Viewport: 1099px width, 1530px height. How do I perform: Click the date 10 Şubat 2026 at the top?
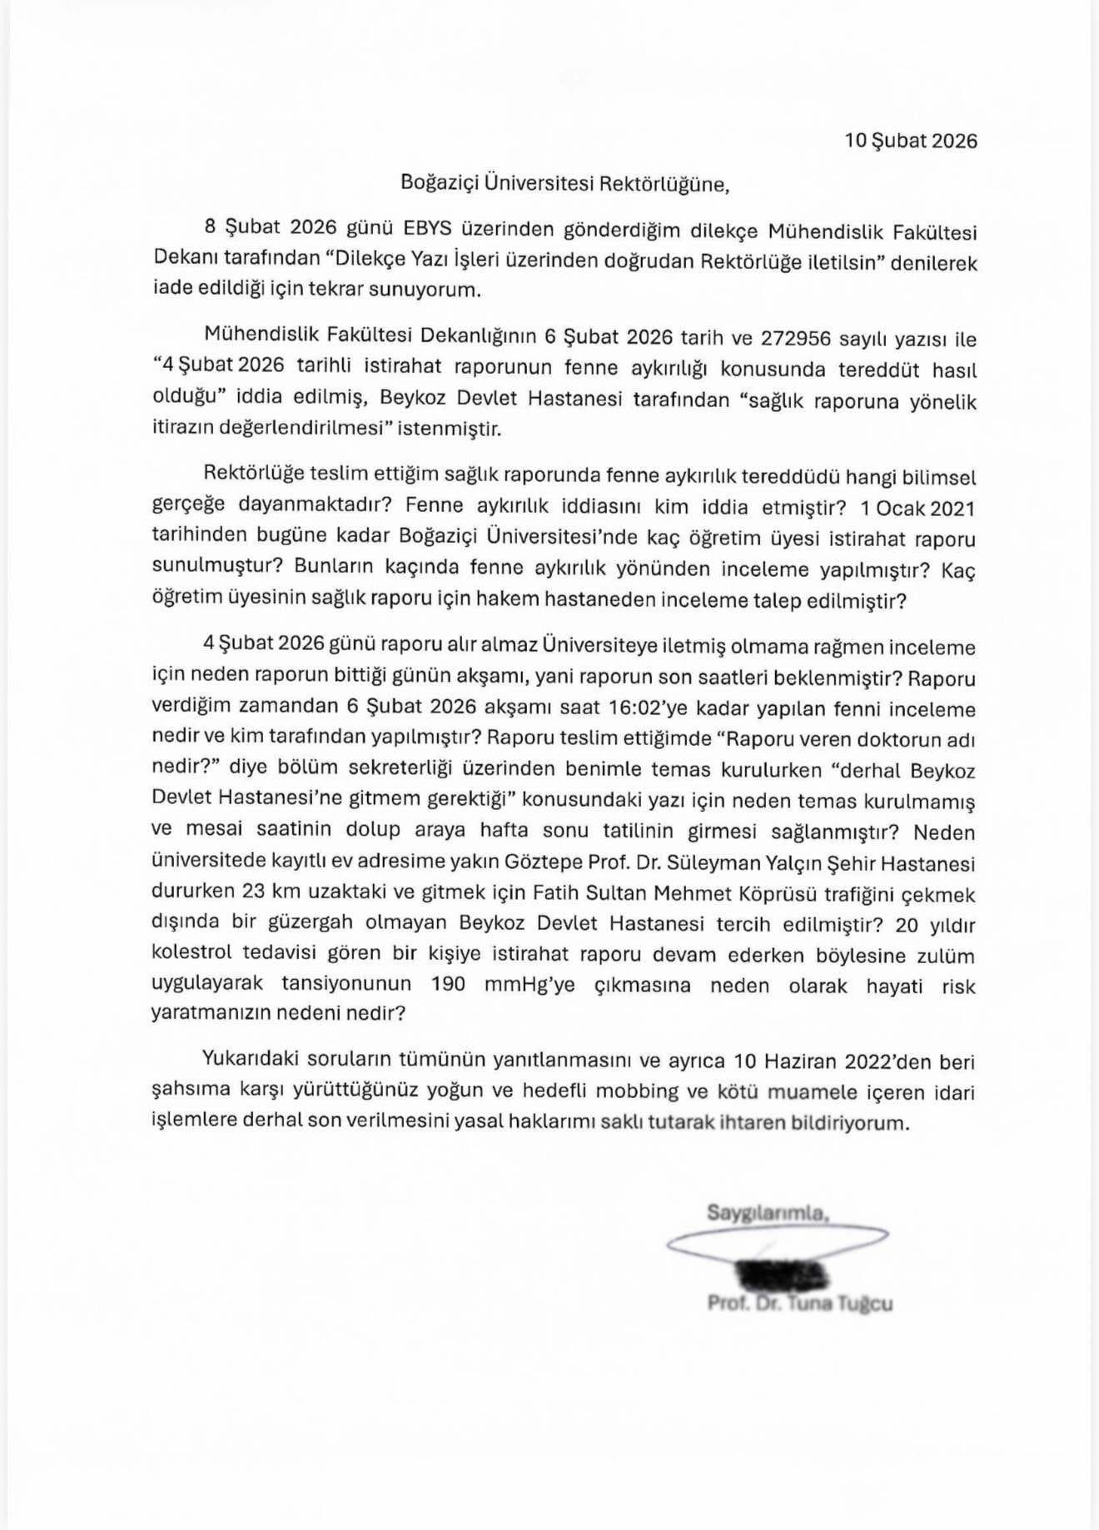(x=910, y=140)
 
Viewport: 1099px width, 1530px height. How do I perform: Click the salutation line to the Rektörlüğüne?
(x=564, y=183)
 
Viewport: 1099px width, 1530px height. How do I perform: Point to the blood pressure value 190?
(x=448, y=984)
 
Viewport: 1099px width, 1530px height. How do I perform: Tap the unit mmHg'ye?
(x=530, y=984)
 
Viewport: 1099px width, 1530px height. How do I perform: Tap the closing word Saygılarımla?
(x=768, y=1213)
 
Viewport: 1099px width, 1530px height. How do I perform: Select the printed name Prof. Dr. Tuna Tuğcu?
(x=800, y=1303)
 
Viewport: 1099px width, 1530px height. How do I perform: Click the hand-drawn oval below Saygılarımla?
(x=778, y=1240)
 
